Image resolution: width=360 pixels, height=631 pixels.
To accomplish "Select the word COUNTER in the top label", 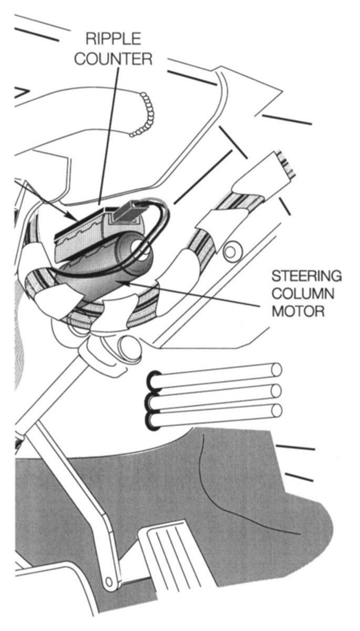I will [112, 58].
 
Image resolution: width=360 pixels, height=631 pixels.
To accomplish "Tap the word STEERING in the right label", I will [306, 276].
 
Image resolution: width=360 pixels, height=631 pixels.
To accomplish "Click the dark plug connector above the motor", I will [127, 212].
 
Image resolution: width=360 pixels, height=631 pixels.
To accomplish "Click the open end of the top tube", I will [276, 370].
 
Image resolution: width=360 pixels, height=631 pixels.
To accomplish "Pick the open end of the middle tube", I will [276, 390].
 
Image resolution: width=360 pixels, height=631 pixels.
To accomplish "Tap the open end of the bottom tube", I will [276, 410].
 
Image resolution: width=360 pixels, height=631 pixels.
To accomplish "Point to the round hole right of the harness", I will [230, 252].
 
